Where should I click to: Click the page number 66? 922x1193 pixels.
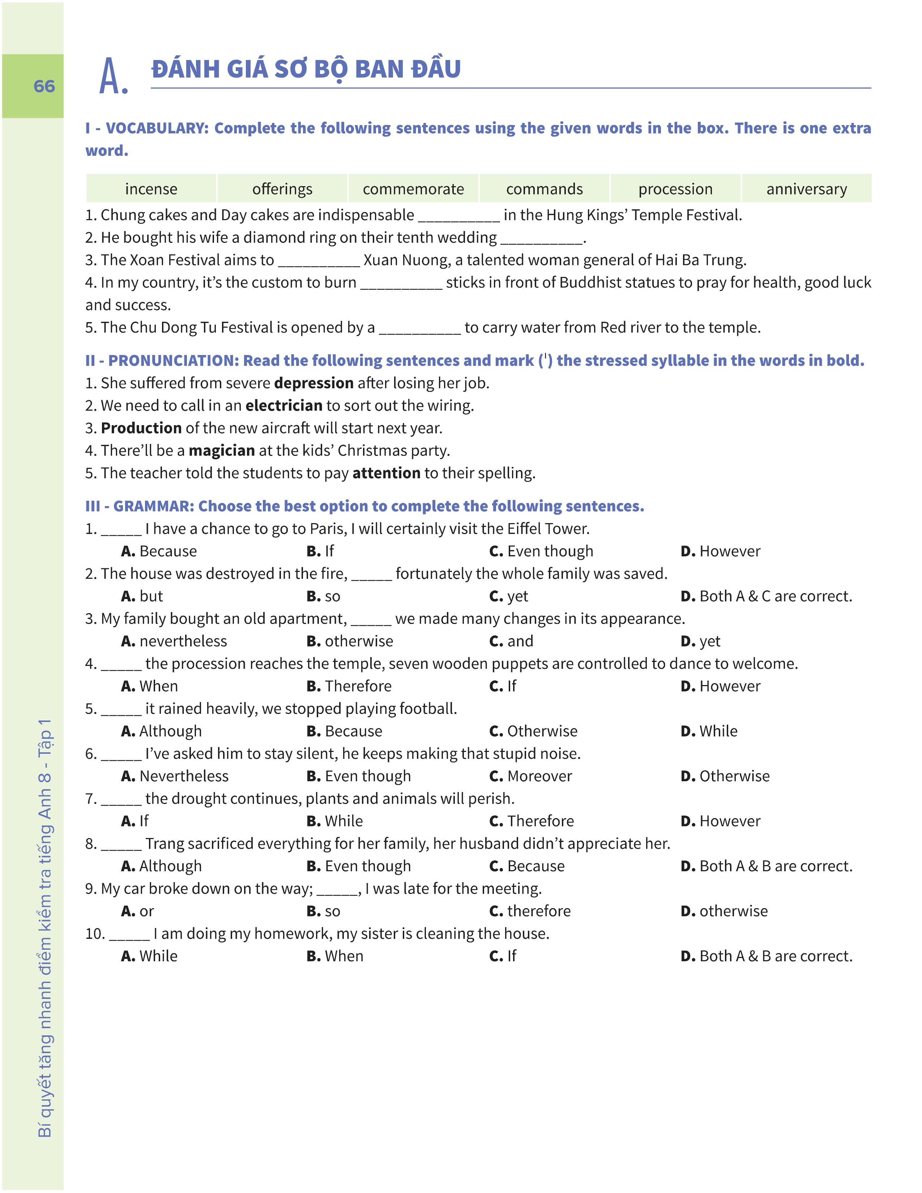44,86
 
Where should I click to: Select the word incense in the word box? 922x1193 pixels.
151,189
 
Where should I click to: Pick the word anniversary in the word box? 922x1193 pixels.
806,189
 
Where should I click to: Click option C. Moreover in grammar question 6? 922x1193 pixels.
530,776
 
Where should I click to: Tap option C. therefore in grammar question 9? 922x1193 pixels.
530,911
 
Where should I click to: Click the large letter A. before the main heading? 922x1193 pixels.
114,77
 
